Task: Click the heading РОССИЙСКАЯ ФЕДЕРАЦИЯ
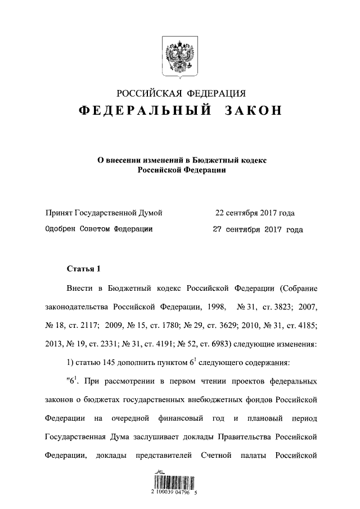pyautogui.click(x=181, y=93)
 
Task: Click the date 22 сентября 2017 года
pyautogui.click(x=255, y=213)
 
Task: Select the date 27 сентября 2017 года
pyautogui.click(x=257, y=229)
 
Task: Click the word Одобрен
pyautogui.click(x=59, y=229)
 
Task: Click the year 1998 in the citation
pyautogui.click(x=215, y=307)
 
